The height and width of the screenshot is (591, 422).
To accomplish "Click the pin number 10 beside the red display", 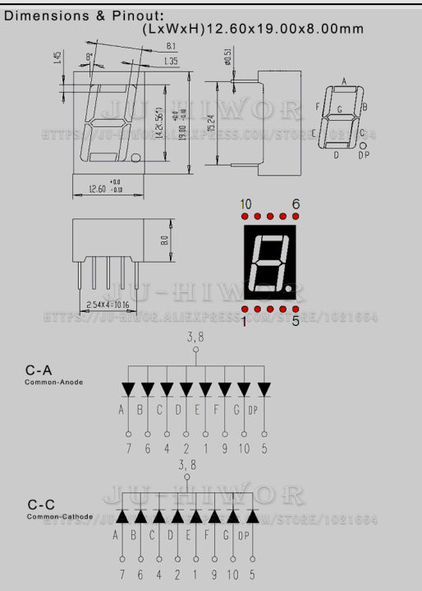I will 245,204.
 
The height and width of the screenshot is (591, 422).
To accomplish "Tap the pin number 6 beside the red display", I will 296,204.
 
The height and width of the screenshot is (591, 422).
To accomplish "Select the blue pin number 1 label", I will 244,322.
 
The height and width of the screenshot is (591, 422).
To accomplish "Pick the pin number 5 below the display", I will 296,322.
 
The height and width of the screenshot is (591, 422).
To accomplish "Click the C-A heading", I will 38,370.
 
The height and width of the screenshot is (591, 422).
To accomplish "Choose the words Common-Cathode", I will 56,517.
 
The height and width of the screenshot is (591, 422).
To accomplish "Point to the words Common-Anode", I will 53,383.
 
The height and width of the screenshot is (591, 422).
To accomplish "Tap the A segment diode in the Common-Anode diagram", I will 127,388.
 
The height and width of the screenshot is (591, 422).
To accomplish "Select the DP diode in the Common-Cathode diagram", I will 252,516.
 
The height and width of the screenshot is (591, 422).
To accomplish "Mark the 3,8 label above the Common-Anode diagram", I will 195,337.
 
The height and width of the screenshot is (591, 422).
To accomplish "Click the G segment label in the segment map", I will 340,108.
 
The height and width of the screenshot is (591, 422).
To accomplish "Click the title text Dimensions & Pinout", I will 84,14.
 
